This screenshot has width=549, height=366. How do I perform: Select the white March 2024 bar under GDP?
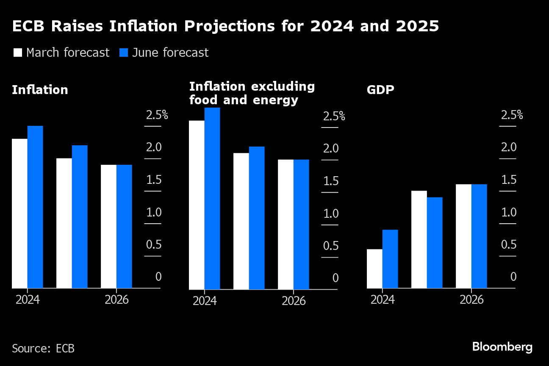click(374, 269)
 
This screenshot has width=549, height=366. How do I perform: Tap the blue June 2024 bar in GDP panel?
click(390, 259)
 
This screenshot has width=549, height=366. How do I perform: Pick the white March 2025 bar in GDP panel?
click(419, 239)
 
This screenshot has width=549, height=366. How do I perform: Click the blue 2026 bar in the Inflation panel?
click(124, 226)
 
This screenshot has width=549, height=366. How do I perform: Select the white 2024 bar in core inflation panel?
click(197, 205)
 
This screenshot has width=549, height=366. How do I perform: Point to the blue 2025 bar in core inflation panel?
click(257, 218)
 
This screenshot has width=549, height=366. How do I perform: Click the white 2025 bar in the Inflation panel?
click(64, 223)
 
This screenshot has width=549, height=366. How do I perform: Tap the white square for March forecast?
click(18, 53)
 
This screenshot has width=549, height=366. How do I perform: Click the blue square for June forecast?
click(124, 53)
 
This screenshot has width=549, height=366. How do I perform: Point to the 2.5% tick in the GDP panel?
click(512, 115)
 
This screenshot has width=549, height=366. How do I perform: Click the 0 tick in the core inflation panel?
click(335, 278)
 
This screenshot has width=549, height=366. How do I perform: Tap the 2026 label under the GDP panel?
click(471, 299)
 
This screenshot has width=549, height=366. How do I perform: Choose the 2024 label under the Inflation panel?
click(28, 299)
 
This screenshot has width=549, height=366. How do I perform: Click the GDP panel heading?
click(380, 90)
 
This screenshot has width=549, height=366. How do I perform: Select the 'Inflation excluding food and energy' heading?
click(252, 93)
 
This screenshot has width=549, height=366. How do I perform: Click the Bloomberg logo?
click(502, 347)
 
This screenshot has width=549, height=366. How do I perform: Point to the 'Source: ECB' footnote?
click(43, 348)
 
